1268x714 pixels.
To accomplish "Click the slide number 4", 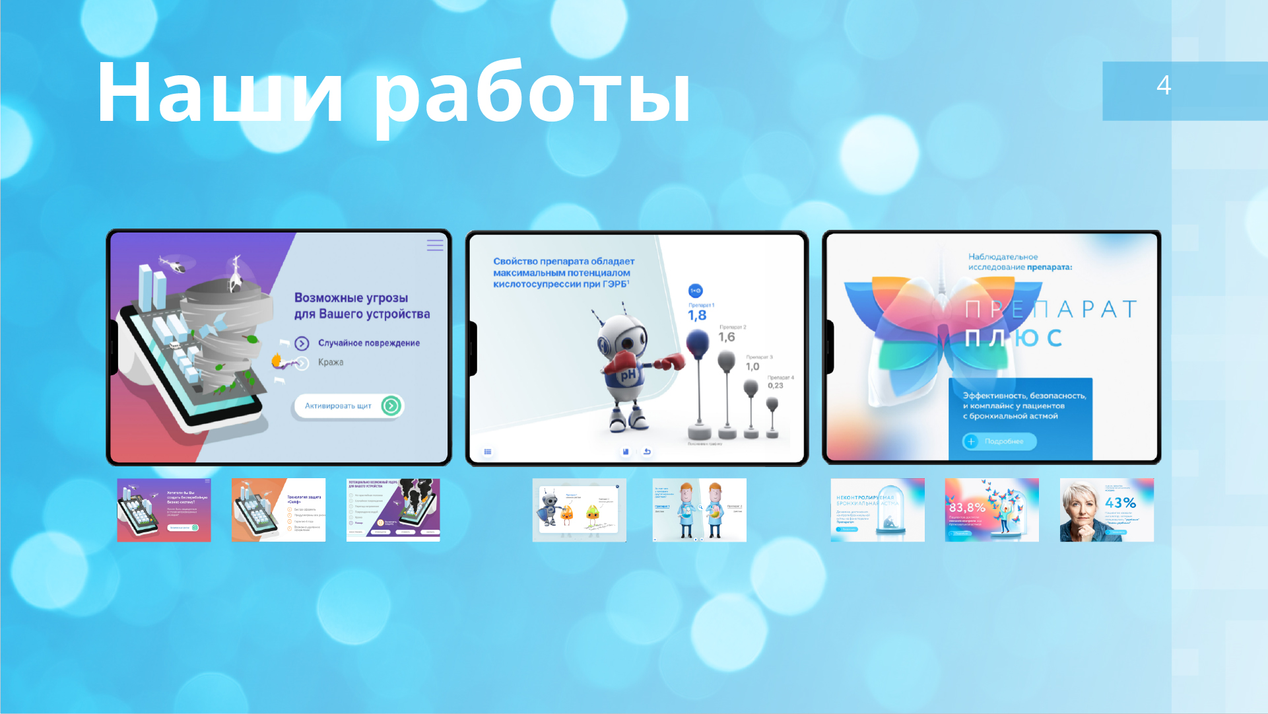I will (x=1163, y=85).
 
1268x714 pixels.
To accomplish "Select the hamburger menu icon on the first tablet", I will (x=435, y=245).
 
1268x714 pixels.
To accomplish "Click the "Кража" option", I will (x=331, y=363).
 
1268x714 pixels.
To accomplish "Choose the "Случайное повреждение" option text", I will (x=368, y=343).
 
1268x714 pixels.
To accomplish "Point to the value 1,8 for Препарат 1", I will (x=697, y=316).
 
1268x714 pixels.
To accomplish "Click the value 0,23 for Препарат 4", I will (x=776, y=386).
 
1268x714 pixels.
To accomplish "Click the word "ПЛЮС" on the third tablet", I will (x=1013, y=338).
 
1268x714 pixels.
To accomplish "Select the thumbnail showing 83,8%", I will (x=991, y=510).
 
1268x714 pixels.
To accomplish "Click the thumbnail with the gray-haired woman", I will (x=1106, y=510).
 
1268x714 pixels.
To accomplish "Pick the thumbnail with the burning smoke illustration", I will (x=393, y=510).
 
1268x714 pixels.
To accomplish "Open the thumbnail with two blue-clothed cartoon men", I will (x=699, y=510).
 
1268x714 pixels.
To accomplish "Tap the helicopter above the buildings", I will (x=176, y=265).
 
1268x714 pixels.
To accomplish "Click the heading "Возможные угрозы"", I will (x=351, y=298).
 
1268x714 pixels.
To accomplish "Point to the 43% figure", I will (x=1120, y=503).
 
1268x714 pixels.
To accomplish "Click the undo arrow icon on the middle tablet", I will (x=647, y=452).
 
